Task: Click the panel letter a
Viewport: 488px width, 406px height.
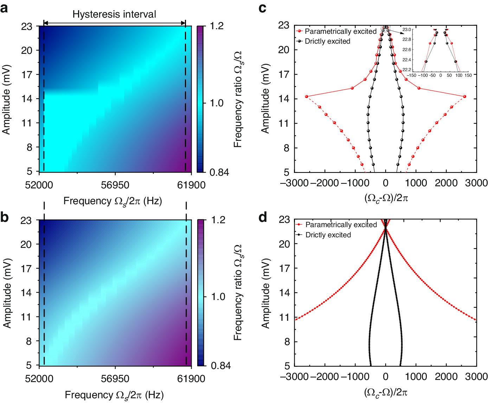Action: (x=5, y=8)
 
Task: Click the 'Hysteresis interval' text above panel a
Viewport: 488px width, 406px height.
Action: (x=114, y=14)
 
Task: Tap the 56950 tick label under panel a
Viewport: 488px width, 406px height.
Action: (x=115, y=185)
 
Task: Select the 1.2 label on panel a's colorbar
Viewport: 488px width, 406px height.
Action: (x=217, y=26)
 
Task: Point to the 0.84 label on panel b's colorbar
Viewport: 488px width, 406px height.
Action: (x=221, y=366)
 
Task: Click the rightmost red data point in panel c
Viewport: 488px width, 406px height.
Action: (x=464, y=96)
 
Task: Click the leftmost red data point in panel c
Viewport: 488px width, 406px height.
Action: (x=307, y=96)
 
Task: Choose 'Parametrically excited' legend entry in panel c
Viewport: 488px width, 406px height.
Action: (x=340, y=31)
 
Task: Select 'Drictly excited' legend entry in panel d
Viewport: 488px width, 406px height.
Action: (x=328, y=235)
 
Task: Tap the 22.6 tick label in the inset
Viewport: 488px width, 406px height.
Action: (x=407, y=50)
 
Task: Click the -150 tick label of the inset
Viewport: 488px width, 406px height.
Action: (x=411, y=75)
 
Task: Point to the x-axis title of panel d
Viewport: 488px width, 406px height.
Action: (x=386, y=392)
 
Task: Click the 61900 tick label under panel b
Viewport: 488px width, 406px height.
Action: (x=191, y=379)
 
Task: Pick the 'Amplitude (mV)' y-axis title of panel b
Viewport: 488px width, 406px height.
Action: (x=7, y=293)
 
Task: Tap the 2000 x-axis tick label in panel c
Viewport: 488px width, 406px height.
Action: (x=446, y=183)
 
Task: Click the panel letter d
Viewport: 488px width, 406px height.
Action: (x=263, y=217)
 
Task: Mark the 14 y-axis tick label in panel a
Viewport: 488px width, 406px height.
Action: (x=27, y=99)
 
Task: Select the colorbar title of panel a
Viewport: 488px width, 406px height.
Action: (x=238, y=99)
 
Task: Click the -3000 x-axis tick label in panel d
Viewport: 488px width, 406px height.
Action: (x=294, y=376)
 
